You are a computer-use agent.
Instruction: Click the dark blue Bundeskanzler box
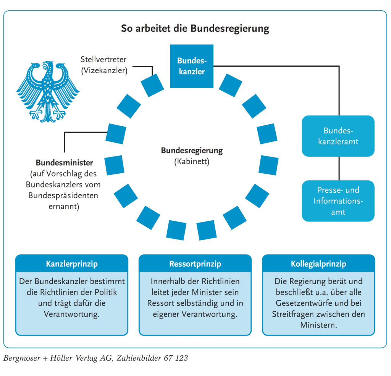click(x=191, y=66)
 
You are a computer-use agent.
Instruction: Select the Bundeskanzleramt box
click(x=338, y=136)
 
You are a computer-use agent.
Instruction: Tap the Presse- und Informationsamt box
click(x=338, y=201)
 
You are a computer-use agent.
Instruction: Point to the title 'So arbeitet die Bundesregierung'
click(x=195, y=29)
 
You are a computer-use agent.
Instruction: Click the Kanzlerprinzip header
click(x=72, y=264)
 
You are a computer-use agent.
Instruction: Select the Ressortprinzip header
click(x=195, y=264)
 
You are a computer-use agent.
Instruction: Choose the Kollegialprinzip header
click(x=318, y=264)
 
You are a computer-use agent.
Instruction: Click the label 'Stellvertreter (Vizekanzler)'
click(x=103, y=65)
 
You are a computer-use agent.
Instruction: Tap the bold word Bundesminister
click(x=65, y=162)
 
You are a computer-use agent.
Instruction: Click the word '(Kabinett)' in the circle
click(x=192, y=161)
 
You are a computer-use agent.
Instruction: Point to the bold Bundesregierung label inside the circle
click(x=192, y=150)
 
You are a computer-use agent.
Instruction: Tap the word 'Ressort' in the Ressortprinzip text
click(x=161, y=303)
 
